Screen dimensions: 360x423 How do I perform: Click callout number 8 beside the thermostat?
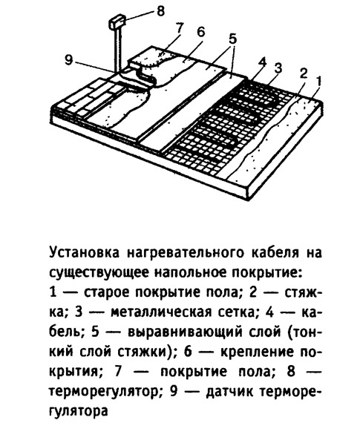coord(160,11)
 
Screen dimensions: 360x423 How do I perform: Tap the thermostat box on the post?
coord(117,22)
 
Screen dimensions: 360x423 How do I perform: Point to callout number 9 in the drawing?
coord(69,60)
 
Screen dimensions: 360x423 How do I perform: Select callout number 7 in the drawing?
coord(180,27)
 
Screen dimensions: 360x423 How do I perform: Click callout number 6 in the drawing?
coord(200,32)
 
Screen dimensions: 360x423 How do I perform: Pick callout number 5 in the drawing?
coord(232,39)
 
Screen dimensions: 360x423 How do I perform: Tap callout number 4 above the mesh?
coord(261,62)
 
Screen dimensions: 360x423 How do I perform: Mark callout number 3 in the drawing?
coord(278,68)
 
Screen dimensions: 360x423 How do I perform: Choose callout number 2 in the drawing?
coord(304,73)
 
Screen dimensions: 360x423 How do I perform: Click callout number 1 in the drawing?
coord(318,82)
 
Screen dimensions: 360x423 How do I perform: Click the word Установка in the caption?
coord(84,253)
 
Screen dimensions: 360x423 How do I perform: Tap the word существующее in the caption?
coord(99,273)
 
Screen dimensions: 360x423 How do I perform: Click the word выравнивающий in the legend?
coord(185,332)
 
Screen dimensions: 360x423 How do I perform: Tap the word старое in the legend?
coord(107,293)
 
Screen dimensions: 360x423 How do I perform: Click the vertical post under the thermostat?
coord(118,50)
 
